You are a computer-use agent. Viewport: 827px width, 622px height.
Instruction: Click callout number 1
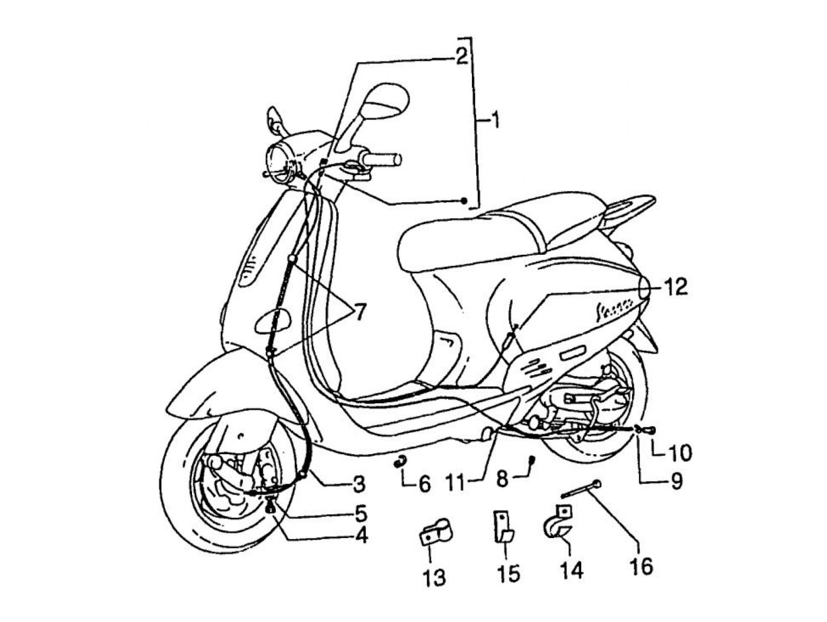pos(495,121)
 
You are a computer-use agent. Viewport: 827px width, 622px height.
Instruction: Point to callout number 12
pos(676,287)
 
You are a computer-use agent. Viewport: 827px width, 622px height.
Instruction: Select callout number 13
pos(435,577)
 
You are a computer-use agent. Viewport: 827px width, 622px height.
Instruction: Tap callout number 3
pos(358,484)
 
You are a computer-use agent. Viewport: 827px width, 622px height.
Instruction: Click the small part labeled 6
pos(401,461)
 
